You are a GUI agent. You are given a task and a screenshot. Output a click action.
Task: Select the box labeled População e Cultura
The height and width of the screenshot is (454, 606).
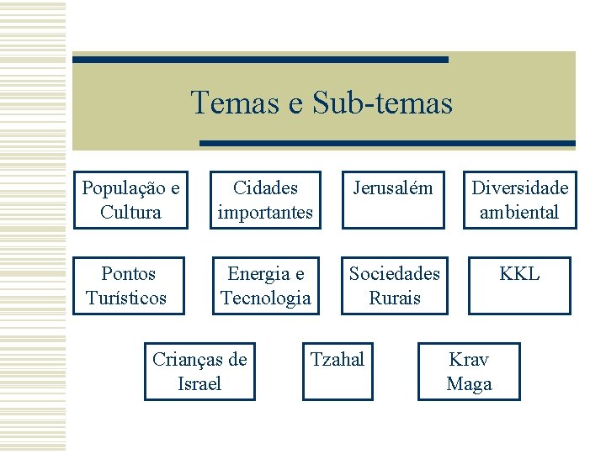pos(130,200)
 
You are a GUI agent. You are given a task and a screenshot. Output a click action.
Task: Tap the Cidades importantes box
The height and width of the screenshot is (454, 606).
pos(265,200)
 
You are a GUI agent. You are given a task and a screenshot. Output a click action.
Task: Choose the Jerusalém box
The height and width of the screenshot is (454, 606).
pos(392,200)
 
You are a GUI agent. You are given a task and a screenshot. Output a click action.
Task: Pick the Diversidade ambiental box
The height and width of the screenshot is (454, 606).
pos(519,200)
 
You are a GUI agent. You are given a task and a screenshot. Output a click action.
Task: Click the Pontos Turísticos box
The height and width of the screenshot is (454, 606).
pos(128,286)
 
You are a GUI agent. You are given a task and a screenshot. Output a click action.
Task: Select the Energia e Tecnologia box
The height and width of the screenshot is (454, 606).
pos(265,286)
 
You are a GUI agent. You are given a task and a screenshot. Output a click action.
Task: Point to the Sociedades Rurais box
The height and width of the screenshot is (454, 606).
pos(395,286)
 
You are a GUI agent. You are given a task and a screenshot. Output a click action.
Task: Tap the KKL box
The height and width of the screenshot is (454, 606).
pos(519,286)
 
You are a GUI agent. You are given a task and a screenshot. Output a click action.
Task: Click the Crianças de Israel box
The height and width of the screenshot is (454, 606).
pos(199,372)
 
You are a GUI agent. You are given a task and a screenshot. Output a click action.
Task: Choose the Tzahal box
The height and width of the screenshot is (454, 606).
pos(338,372)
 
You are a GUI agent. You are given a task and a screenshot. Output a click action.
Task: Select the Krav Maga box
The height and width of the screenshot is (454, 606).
pos(469,372)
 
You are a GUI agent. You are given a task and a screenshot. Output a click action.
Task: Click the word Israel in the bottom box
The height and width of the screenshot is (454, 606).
pos(199,384)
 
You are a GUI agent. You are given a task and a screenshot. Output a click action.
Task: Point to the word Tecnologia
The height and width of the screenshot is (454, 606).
pos(265,298)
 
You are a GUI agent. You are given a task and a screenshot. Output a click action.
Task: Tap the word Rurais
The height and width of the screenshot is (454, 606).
pos(395,298)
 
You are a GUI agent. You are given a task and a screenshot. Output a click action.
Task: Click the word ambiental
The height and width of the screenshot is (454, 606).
pos(519,213)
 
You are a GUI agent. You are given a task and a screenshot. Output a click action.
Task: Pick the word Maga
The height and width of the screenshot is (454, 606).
pos(469,384)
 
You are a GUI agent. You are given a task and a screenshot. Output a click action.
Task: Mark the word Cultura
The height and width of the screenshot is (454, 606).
pos(130,213)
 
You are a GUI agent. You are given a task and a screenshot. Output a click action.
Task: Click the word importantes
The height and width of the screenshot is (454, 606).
pos(265,213)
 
